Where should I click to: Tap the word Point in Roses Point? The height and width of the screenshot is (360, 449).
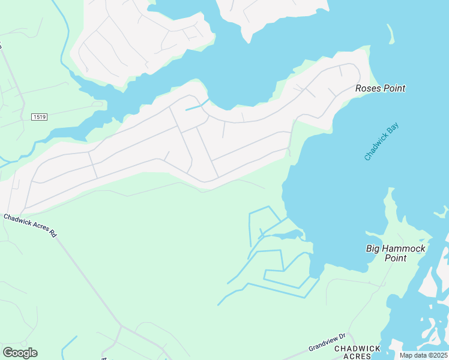[394, 88]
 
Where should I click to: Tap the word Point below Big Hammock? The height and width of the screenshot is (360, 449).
[396, 258]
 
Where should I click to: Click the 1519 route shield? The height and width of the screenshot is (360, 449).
[40, 116]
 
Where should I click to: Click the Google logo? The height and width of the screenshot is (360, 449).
[20, 353]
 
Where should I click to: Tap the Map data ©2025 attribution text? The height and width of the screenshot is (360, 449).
[423, 355]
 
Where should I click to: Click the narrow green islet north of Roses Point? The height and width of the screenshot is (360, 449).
[391, 33]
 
